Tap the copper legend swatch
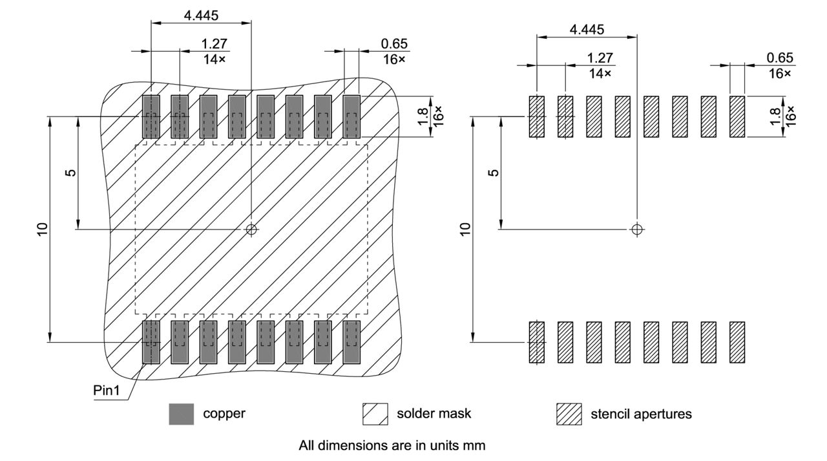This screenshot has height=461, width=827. coord(181,414)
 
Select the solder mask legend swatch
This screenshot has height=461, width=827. coord(375,414)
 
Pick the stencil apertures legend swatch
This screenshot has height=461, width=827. coord(569,414)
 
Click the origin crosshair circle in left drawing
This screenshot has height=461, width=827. coord(251,229)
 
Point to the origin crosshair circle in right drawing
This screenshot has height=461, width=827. coord(637,229)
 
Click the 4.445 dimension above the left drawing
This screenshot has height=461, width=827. coord(201,16)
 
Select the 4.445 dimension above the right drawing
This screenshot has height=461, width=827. coord(587,30)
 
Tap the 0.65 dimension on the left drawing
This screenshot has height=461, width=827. coord(395,45)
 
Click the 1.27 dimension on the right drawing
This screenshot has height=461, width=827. coord(600,58)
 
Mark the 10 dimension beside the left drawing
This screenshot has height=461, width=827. coord(43,229)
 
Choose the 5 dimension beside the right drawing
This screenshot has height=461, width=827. coord(494,173)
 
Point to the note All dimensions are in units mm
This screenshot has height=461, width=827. coord(392,445)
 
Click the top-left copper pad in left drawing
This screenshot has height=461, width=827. coord(151,117)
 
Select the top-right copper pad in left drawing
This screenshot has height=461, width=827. coord(351,117)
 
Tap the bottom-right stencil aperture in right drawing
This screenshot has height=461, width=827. coord(737,342)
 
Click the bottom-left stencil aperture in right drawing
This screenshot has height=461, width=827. coord(537,342)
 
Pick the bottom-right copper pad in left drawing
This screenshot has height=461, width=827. coord(351,342)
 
